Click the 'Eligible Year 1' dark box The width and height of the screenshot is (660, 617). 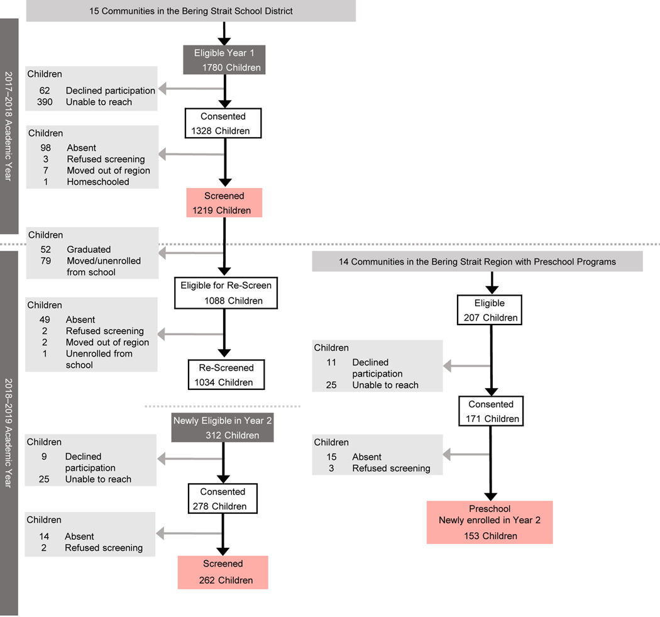[224, 60]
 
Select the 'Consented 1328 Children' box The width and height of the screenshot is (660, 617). [224, 123]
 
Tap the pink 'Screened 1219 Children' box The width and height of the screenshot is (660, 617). [224, 203]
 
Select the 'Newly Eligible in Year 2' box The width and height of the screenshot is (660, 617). [223, 428]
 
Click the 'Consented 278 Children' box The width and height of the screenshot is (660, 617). [223, 498]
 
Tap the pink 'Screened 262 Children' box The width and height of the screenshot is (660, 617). [223, 572]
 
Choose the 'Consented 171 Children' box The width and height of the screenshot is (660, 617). [490, 411]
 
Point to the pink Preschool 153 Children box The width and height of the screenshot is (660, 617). [490, 522]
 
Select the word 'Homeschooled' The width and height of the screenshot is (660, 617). [98, 182]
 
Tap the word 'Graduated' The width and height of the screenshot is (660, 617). [89, 249]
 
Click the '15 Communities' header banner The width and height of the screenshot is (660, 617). [191, 11]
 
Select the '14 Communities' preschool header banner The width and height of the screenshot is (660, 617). [477, 261]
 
